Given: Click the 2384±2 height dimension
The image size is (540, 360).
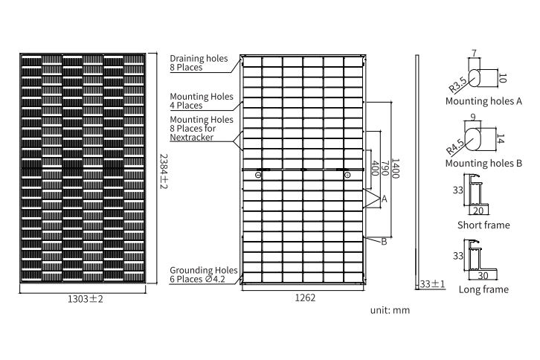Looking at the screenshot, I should (x=164, y=170).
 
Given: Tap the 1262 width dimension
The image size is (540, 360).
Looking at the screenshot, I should (x=305, y=298).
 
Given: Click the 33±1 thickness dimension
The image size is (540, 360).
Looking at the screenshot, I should (x=432, y=284).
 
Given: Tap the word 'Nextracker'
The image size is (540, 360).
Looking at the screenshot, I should (x=193, y=138).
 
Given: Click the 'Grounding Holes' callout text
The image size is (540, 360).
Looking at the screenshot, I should (x=203, y=270).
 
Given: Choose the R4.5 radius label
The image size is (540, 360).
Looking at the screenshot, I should (x=455, y=141).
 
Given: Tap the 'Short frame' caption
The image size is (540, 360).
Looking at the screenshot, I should (x=484, y=225).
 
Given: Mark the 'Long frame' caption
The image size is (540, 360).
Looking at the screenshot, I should (x=484, y=289).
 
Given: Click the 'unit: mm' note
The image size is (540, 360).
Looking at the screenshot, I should (x=390, y=310).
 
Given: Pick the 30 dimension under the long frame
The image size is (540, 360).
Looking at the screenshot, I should (x=483, y=274).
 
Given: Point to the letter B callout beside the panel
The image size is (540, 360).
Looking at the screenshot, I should (x=384, y=241).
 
